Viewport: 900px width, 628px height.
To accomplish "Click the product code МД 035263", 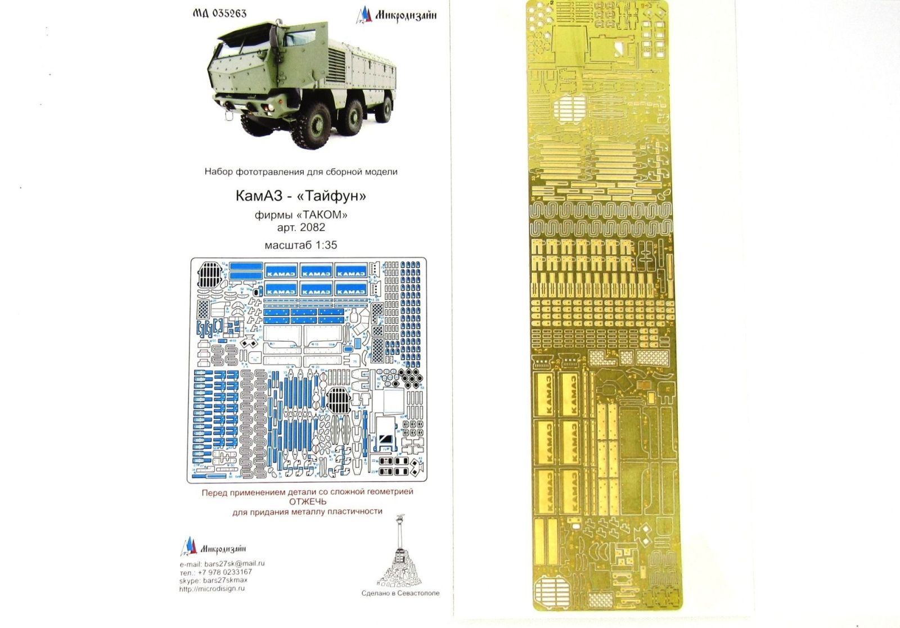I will tap(220, 13).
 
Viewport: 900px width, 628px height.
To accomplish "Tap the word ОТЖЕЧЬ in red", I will tap(307, 502).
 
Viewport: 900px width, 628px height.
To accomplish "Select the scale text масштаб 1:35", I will tap(301, 245).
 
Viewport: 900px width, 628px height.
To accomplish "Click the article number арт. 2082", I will tap(301, 228).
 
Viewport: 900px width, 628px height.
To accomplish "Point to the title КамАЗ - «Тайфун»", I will tap(301, 196).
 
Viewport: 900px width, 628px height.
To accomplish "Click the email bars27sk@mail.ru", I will tap(222, 563).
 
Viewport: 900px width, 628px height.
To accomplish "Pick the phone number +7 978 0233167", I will tap(217, 572).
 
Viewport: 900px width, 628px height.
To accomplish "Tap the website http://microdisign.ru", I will tap(212, 589).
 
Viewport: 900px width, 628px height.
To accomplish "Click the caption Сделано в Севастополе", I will tap(400, 593).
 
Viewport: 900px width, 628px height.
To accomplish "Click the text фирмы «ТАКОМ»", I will tap(301, 215).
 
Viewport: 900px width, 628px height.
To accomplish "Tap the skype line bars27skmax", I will tap(213, 580).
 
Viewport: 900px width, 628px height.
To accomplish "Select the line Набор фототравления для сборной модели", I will tap(301, 171).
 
